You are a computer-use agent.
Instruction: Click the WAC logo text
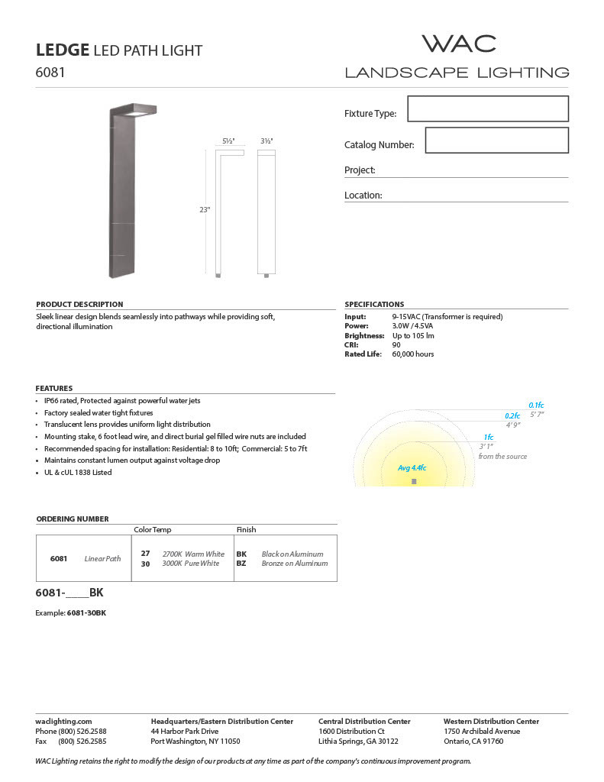click(459, 44)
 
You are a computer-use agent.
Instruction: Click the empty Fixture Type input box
click(488, 108)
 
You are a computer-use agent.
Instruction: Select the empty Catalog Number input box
click(496, 141)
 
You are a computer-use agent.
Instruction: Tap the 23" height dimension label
click(205, 209)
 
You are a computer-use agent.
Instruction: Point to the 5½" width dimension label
click(228, 141)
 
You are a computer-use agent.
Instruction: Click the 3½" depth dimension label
click(266, 141)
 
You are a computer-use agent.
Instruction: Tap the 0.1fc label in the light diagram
click(536, 406)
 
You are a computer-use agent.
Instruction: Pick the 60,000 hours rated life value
click(412, 354)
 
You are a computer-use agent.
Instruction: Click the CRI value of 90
click(396, 345)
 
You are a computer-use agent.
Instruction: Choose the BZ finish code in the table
click(241, 564)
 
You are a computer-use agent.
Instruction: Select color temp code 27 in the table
click(145, 554)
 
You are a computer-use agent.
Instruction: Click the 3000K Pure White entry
click(190, 564)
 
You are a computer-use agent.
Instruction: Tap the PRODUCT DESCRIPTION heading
click(79, 304)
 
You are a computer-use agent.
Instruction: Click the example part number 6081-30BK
click(86, 613)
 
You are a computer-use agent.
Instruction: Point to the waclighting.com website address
click(63, 721)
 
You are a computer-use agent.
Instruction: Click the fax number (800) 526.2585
click(82, 741)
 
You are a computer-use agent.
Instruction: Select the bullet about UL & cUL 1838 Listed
click(77, 472)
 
